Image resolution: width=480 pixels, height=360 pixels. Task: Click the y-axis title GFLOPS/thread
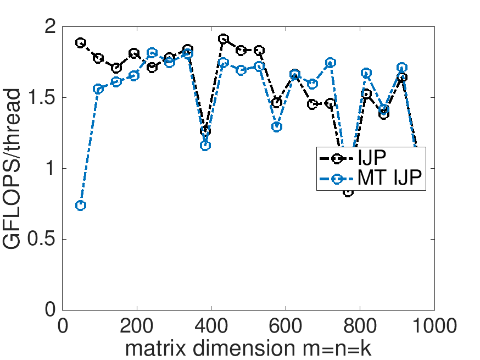pos(16,169)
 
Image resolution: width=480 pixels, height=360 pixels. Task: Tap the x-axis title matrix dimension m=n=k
pos(248,348)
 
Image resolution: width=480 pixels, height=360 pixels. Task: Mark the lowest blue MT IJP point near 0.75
pos(81,205)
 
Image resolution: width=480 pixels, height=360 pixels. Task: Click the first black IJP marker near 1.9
pos(81,42)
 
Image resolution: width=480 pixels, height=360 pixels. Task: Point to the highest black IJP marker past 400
pos(224,39)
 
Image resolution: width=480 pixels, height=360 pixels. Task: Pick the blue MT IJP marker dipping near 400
pos(205,146)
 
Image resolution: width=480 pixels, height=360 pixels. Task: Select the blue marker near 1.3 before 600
pos(277,127)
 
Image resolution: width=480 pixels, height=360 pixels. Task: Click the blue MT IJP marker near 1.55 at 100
pos(98,89)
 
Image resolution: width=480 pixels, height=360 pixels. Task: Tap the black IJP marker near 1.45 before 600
pos(277,103)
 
